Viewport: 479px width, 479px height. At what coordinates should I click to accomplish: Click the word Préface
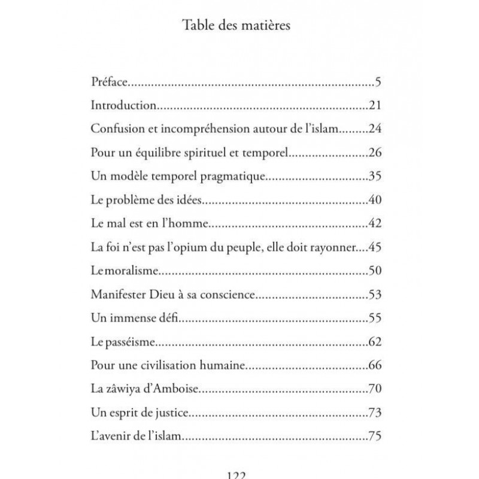(x=108, y=82)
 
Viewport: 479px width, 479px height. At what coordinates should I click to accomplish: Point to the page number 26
(x=375, y=153)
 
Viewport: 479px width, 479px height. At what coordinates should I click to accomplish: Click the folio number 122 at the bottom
(x=239, y=475)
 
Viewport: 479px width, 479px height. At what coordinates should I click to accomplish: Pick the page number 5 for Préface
(x=378, y=82)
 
